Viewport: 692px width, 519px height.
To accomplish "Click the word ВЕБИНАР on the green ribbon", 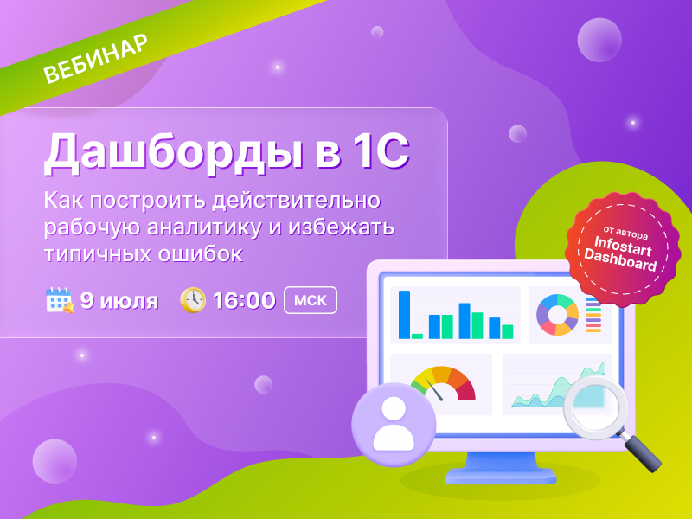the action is click(x=95, y=58).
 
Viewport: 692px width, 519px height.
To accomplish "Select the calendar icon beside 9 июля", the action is click(x=60, y=300).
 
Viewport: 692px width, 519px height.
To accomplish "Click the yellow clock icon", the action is click(x=193, y=300).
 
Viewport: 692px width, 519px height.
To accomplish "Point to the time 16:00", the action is click(x=245, y=300).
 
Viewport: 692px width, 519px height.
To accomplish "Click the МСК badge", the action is click(x=311, y=300).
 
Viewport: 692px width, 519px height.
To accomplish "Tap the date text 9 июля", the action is click(x=119, y=301).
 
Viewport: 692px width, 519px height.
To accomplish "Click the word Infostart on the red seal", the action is click(x=623, y=247).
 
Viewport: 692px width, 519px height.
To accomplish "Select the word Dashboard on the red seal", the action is click(x=620, y=260).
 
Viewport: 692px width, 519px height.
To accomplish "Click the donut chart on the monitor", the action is click(x=557, y=315).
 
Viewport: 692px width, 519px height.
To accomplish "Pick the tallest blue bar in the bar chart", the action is click(x=404, y=315).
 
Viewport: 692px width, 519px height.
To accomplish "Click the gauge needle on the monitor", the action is click(x=434, y=388).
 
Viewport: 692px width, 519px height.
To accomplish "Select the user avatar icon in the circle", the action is click(x=394, y=424).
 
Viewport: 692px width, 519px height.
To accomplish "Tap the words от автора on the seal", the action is click(x=625, y=232).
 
